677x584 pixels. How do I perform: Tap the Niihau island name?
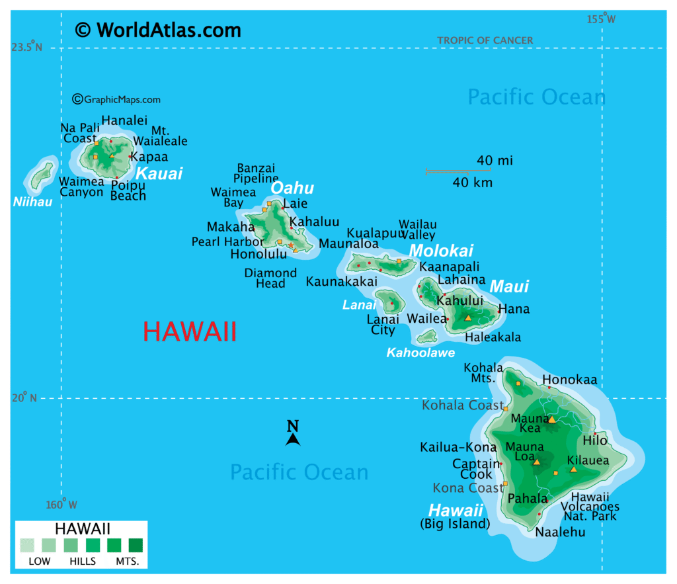32,201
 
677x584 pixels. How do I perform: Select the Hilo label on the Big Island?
594,440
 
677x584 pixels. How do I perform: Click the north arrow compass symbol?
293,433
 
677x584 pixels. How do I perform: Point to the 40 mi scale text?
495,160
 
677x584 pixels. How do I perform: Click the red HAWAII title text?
190,331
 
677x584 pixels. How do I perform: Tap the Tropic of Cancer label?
485,40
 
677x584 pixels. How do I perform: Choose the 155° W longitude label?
601,19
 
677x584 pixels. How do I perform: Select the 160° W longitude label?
61,505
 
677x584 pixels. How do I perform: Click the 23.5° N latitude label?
26,47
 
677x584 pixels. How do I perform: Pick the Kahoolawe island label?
420,353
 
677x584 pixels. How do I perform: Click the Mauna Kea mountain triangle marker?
552,419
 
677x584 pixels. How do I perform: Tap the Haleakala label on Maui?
493,337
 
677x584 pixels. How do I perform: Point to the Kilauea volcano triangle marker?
573,469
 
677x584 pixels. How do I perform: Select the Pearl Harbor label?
227,241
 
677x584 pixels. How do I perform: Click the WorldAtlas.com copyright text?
158,30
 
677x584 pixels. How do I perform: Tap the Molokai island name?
441,251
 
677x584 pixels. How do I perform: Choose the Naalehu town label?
560,531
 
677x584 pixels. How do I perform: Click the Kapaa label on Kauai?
149,157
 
